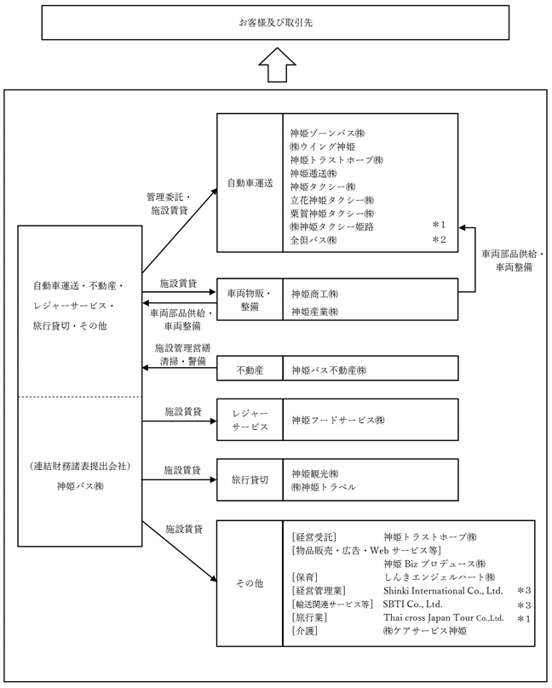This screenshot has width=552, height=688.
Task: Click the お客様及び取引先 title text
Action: point(275,23)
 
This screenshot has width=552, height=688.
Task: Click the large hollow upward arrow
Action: point(275,65)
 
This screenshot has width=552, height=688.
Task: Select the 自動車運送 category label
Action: point(250,183)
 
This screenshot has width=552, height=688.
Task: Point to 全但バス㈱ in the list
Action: point(313,240)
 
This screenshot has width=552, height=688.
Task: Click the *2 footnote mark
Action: point(439,240)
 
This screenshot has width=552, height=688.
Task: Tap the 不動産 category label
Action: point(250,370)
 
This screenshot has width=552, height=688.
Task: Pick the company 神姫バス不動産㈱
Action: point(328,370)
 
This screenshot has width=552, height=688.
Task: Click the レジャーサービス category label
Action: point(250,420)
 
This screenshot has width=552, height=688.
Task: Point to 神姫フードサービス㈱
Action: point(337,420)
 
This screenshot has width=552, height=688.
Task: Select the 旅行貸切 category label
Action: point(250,480)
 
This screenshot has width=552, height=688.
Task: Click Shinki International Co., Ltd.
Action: point(444,590)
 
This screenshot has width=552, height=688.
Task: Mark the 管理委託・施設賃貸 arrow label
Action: point(170,202)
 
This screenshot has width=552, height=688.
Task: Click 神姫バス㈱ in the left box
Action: point(80,486)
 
